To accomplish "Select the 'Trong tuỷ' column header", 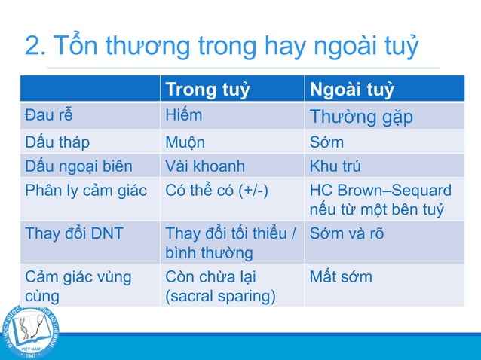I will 207,90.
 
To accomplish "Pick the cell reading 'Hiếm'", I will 184,116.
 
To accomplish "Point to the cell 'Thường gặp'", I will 361,117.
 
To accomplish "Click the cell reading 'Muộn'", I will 185,142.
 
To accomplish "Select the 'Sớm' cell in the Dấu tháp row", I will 326,142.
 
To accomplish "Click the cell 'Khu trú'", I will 335,166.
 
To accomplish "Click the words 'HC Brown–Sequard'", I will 381,190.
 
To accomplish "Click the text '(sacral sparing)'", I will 220,296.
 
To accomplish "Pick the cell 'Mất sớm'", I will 341,276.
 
